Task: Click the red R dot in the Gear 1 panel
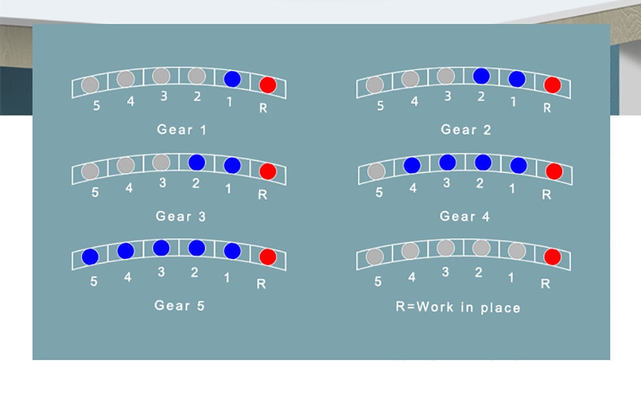pyautogui.click(x=268, y=85)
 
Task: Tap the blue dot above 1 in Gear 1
pyautogui.click(x=232, y=79)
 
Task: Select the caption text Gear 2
pyautogui.click(x=465, y=130)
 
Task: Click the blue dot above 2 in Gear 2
pyautogui.click(x=481, y=76)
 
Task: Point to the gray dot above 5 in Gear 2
pyautogui.click(x=375, y=85)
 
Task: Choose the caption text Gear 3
pyautogui.click(x=181, y=216)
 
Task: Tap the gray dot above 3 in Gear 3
pyautogui.click(x=161, y=162)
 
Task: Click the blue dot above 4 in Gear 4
pyautogui.click(x=412, y=165)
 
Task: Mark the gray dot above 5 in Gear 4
pyautogui.click(x=376, y=172)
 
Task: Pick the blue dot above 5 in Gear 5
pyautogui.click(x=90, y=256)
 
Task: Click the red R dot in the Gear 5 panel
pyautogui.click(x=268, y=256)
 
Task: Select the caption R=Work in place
pyautogui.click(x=457, y=307)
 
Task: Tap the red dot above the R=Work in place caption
pyautogui.click(x=552, y=256)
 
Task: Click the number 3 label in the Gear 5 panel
pyautogui.click(x=161, y=272)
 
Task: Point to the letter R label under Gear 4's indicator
pyautogui.click(x=546, y=195)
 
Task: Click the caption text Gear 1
pyautogui.click(x=182, y=130)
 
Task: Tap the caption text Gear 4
pyautogui.click(x=465, y=216)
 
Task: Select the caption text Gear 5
pyautogui.click(x=180, y=305)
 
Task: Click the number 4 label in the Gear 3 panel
pyautogui.click(x=129, y=189)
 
